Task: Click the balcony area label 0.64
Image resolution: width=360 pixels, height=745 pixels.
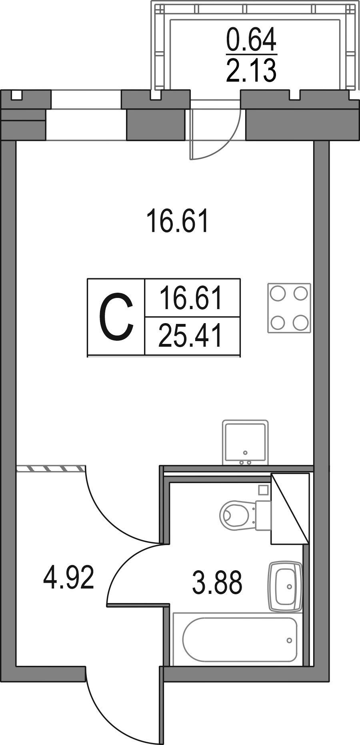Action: click(x=251, y=41)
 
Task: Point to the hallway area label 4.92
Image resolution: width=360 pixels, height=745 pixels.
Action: click(x=68, y=578)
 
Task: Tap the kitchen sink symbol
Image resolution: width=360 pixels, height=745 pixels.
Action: click(x=245, y=442)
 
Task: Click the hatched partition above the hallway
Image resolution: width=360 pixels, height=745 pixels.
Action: click(x=51, y=468)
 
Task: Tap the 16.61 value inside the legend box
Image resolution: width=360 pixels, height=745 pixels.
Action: click(x=190, y=298)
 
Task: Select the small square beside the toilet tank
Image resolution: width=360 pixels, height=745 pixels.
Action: click(x=263, y=489)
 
